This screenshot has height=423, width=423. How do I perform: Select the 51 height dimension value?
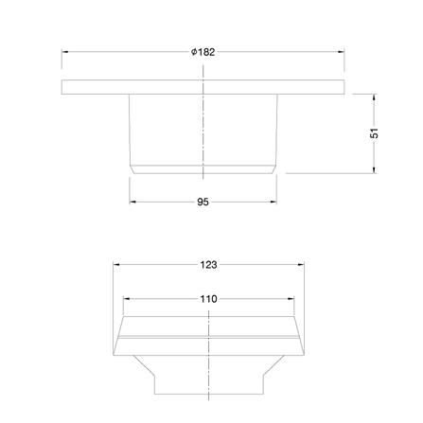pos(375,133)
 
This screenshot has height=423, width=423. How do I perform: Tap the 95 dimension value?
pos(203,202)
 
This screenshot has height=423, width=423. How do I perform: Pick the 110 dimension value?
pos(208,299)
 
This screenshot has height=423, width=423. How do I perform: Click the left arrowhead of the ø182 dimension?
pos(65,53)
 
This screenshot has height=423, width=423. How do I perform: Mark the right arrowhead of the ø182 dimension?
pos(340,53)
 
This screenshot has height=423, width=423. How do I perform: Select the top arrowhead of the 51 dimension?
pos(375,97)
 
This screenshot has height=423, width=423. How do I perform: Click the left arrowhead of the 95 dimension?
pos(132,202)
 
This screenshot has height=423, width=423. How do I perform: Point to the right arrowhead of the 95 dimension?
pos(273,202)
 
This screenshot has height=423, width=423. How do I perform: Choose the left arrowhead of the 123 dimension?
pos(116,265)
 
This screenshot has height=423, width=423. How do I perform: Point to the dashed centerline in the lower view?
pos(208,360)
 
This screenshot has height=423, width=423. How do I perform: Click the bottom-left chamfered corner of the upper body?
pos(132,169)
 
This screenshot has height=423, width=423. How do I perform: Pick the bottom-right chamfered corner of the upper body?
pos(274,169)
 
